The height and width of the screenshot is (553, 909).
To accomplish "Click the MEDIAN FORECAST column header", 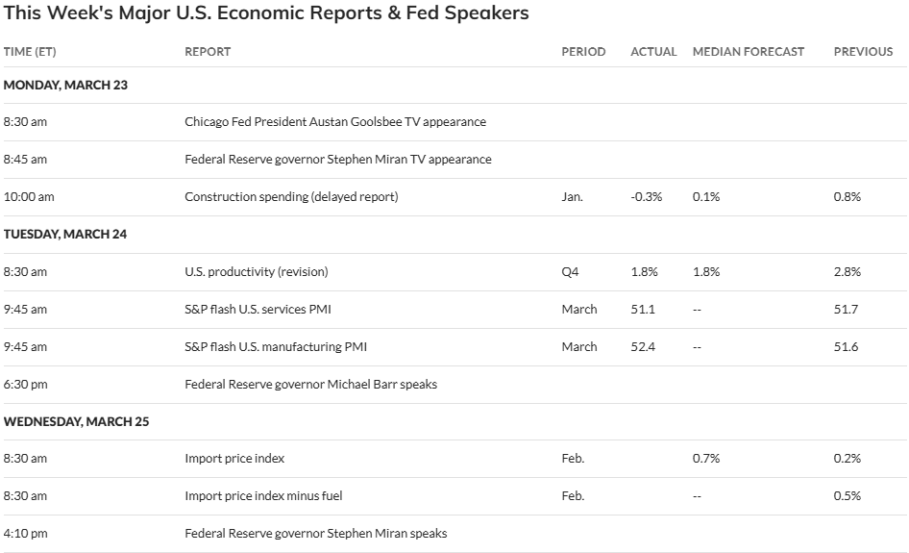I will [748, 51].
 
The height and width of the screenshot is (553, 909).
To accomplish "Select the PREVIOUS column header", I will [862, 51].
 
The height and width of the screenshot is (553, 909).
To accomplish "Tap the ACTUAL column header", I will [653, 51].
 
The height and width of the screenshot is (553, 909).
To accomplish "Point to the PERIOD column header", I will [583, 51].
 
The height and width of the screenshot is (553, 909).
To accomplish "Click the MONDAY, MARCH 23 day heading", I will [65, 85].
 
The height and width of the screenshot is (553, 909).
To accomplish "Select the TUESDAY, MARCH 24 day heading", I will [65, 234].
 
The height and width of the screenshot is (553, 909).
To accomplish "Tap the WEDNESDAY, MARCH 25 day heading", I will [77, 421].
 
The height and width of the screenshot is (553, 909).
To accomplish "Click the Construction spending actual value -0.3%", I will [647, 196].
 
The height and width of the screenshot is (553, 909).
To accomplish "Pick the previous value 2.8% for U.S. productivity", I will [847, 271].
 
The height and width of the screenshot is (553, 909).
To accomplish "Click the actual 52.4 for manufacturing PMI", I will [643, 346].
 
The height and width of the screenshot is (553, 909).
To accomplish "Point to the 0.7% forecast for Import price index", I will [706, 458].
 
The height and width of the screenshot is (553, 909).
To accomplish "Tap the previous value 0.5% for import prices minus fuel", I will [847, 495].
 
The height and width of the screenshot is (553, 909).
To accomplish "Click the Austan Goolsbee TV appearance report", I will [334, 122].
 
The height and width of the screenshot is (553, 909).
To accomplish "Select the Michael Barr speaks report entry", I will [310, 384].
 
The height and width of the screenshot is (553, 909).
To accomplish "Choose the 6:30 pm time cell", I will [25, 384].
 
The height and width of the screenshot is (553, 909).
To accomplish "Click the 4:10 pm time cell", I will [25, 533].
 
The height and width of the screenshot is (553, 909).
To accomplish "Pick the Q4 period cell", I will [570, 271].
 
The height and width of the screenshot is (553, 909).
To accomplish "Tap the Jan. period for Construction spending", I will [572, 196].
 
